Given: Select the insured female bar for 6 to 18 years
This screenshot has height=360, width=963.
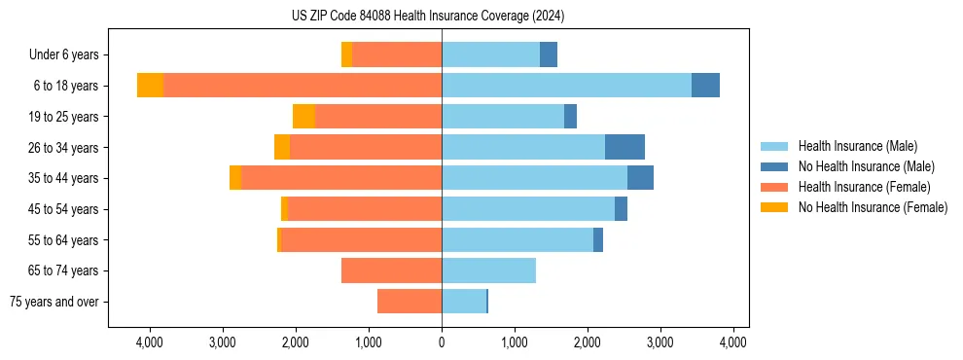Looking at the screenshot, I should [x=303, y=86].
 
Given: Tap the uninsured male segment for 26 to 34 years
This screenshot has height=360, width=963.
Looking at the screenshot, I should [x=624, y=147].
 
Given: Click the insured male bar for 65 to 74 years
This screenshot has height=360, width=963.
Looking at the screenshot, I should [x=488, y=270].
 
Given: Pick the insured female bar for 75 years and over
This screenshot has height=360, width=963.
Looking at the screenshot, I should [x=410, y=302].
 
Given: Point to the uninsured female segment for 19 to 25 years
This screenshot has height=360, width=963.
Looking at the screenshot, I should [x=303, y=117].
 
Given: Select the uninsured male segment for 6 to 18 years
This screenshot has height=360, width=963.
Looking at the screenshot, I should [x=705, y=86].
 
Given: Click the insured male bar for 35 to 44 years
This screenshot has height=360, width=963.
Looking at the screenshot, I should [x=534, y=178].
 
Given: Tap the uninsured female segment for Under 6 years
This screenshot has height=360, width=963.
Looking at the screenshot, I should [x=346, y=54].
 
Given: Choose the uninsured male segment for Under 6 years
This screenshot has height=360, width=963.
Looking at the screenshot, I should [x=549, y=54].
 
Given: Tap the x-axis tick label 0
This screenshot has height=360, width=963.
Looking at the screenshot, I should [x=442, y=342].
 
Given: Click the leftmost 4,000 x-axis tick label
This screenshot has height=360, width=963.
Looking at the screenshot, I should [x=150, y=342].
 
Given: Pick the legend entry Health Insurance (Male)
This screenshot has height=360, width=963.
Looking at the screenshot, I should [x=857, y=146].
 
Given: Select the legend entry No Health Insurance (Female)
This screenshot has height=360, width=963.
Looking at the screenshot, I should [x=873, y=207].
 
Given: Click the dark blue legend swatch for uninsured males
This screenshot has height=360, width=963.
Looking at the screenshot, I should [x=774, y=166].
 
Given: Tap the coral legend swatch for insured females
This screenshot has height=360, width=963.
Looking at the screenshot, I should [x=774, y=187].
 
